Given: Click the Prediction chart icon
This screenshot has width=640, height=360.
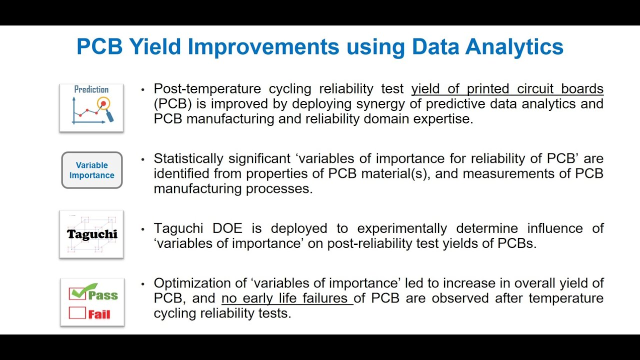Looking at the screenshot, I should pos(91,107).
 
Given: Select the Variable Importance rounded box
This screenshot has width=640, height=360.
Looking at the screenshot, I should pos(91,170).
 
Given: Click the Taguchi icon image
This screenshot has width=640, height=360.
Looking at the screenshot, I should pos(91,234).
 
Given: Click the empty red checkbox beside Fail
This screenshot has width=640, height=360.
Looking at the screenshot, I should pos(77,313).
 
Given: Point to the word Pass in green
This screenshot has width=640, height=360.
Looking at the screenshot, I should pos(103,295).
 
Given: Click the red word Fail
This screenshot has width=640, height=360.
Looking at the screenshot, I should pos(99,314).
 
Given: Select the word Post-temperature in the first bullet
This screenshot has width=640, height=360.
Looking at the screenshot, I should pos(207,89).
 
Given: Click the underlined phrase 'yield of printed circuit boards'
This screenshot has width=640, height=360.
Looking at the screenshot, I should pos(507,89).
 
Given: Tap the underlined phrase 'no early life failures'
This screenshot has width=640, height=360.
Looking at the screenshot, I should pos(287,298).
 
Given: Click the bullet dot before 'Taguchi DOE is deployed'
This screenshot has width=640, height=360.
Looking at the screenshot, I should pos(143,229).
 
